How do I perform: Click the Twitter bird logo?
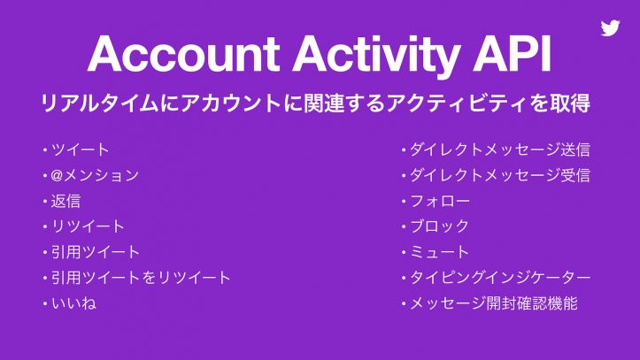point(610,27)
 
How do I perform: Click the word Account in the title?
point(181,56)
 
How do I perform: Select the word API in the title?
point(513,56)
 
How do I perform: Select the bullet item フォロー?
point(439,201)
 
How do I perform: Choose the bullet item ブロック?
point(439,226)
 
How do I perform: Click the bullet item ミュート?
point(439,252)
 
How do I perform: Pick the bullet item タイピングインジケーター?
point(499,278)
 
